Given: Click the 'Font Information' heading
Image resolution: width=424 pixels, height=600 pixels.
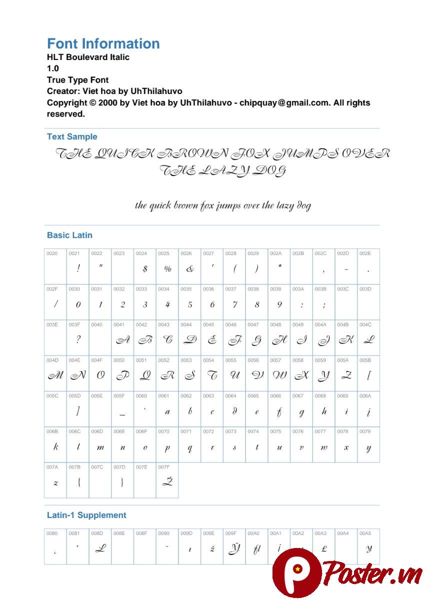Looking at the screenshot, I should [103, 43].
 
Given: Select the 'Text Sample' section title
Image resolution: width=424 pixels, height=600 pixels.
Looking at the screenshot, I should [72, 136].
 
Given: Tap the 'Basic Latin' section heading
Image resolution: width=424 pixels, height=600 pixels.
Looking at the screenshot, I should [69, 235].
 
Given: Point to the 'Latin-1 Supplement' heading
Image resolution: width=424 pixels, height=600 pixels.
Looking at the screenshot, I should [86, 515].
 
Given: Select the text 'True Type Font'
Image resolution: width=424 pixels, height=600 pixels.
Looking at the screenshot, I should [77, 80].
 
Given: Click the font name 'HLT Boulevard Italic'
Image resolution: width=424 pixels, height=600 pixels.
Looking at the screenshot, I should [88, 57].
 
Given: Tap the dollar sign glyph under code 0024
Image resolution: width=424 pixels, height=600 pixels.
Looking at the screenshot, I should [145, 269].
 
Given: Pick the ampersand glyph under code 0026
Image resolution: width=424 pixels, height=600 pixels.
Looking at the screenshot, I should [189, 269].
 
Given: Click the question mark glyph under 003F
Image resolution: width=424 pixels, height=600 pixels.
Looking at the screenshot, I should [78, 340].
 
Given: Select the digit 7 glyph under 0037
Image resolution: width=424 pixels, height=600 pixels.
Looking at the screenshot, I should [234, 304].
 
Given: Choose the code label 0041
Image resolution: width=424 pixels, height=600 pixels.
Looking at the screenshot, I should [119, 324].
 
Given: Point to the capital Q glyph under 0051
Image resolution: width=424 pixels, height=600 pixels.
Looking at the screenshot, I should [145, 375].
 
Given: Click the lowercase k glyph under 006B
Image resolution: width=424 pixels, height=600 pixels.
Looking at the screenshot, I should [55, 447].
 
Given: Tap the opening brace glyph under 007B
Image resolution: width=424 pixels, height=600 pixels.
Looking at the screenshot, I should [78, 482].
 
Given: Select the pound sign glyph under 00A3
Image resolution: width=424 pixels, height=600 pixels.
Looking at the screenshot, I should [324, 548].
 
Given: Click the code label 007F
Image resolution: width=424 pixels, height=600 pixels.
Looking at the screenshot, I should [163, 467].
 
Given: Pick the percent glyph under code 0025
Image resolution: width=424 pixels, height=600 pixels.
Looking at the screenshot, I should [167, 269].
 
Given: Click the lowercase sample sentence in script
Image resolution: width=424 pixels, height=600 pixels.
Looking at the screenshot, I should [223, 205].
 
